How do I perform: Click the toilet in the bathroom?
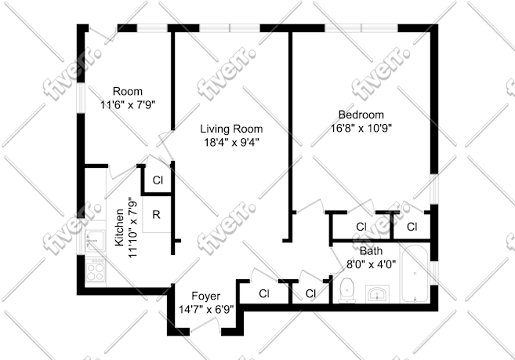pyautogui.click(x=346, y=290)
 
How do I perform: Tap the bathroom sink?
pyautogui.click(x=377, y=293)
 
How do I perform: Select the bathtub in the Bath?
pyautogui.click(x=415, y=274)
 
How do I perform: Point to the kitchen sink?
pyautogui.click(x=95, y=240)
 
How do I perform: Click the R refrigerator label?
pyautogui.click(x=156, y=215)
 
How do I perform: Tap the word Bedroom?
pyautogui.click(x=361, y=115)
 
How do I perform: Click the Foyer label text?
pyautogui.click(x=206, y=296)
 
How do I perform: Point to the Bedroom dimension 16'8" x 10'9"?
pyautogui.click(x=361, y=128)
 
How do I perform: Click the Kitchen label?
pyautogui.click(x=119, y=227)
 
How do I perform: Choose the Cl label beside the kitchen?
pyautogui.click(x=158, y=180)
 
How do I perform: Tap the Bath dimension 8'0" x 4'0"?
pyautogui.click(x=371, y=264)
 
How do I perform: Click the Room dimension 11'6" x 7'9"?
pyautogui.click(x=128, y=104)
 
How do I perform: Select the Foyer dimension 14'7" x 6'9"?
pyautogui.click(x=206, y=309)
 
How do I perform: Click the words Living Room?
pyautogui.click(x=231, y=129)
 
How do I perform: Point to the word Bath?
pyautogui.click(x=371, y=251)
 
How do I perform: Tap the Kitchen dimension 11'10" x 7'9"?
pyautogui.click(x=132, y=227)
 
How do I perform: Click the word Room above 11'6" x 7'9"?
pyautogui.click(x=128, y=91)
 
